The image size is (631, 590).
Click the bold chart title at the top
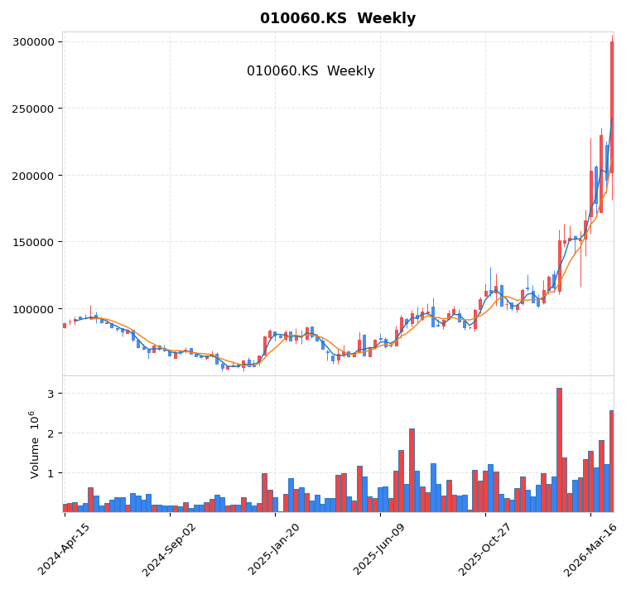pos(338,18)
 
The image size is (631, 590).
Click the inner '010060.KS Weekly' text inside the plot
pos(311,71)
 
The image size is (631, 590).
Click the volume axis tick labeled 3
pos(50,394)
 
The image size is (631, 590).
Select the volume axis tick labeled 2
pos(50,433)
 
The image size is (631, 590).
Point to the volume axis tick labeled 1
pos(50,473)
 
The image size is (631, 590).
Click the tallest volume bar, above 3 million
pos(559,450)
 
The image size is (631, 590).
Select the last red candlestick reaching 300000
pos(612,108)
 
